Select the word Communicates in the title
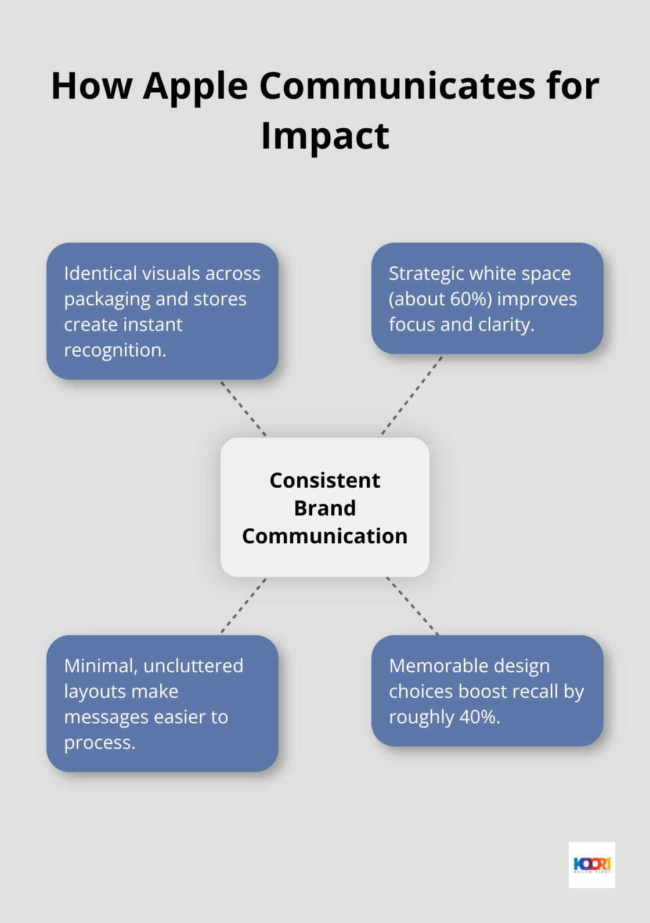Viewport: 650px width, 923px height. click(397, 86)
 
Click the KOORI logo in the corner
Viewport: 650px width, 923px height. click(591, 864)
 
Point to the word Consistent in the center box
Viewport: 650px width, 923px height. click(325, 481)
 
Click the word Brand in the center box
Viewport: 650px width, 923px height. click(325, 509)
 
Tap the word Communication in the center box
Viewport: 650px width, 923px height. click(325, 536)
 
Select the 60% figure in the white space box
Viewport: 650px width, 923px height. click(465, 299)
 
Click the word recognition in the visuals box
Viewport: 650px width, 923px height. click(114, 350)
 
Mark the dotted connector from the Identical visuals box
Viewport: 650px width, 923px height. click(243, 408)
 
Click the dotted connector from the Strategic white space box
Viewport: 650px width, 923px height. click(411, 396)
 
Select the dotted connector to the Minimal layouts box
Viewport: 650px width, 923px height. click(244, 605)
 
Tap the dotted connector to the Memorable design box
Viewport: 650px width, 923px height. click(413, 606)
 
